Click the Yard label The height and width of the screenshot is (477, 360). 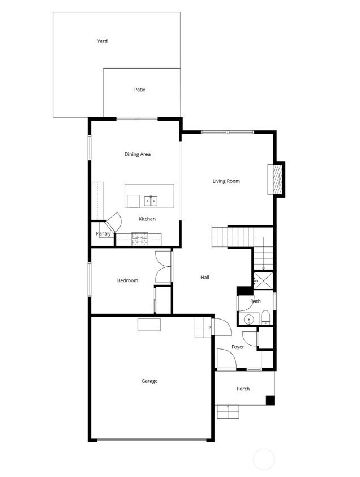(102, 41)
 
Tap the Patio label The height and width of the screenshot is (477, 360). (140, 90)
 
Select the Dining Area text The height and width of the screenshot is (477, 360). (138, 154)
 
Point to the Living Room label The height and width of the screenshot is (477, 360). (226, 181)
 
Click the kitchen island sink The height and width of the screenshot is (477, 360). (151, 201)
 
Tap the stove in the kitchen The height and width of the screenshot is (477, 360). (140, 239)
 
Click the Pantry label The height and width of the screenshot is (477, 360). (103, 233)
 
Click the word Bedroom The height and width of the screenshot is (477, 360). (128, 280)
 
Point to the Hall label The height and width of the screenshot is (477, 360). (205, 278)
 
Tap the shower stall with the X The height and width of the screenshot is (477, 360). (263, 280)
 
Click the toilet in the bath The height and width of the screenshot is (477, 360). (265, 317)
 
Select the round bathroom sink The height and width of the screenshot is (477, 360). (249, 320)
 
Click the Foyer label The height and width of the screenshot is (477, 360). (238, 347)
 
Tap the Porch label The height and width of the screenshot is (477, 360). (243, 389)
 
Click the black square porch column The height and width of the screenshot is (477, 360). (270, 401)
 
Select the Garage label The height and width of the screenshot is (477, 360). (149, 381)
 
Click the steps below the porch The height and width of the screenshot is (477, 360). (228, 412)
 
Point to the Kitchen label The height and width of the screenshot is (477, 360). (147, 219)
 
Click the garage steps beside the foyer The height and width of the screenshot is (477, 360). (203, 327)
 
